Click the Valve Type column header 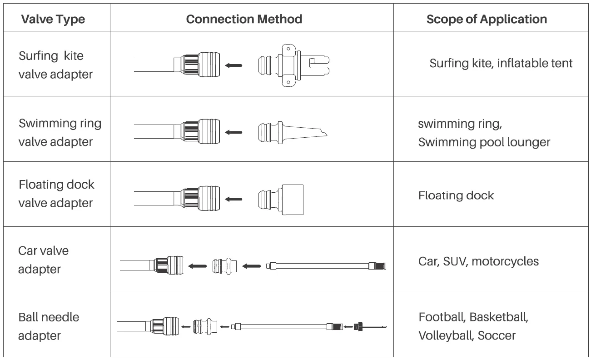pyautogui.click(x=53, y=19)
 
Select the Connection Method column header pyautogui.click(x=244, y=19)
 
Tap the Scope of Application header pyautogui.click(x=487, y=19)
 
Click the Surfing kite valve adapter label pyautogui.click(x=55, y=65)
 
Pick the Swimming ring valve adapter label pyautogui.click(x=60, y=132)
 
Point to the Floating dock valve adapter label pyautogui.click(x=56, y=194)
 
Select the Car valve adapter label pyautogui.click(x=44, y=260)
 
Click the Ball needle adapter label pyautogui.click(x=49, y=326)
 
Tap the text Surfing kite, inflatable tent pyautogui.click(x=501, y=63)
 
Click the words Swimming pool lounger pyautogui.click(x=484, y=142)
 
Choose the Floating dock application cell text pyautogui.click(x=456, y=195)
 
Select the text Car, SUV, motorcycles pyautogui.click(x=478, y=261)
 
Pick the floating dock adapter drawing pyautogui.click(x=281, y=199)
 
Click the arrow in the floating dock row pyautogui.click(x=234, y=199)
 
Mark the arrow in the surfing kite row pyautogui.click(x=234, y=65)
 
